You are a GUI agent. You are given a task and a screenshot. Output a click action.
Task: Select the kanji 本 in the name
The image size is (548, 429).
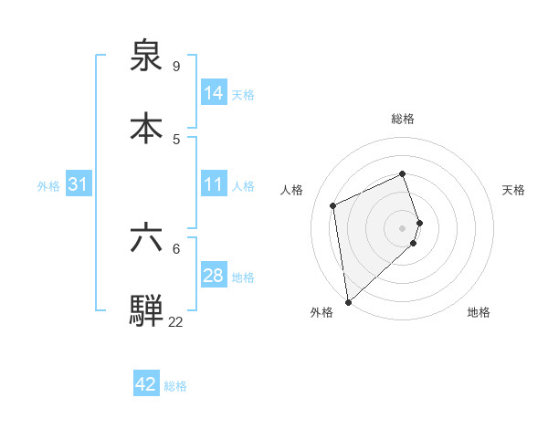tap(146, 128)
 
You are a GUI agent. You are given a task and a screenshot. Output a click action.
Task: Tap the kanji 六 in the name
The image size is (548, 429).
tap(146, 239)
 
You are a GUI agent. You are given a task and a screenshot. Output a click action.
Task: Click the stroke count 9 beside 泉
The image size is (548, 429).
tap(176, 66)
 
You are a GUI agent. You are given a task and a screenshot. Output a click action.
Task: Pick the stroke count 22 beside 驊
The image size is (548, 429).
tap(175, 322)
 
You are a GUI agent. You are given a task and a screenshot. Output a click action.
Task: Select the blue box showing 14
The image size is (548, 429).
tap(214, 93)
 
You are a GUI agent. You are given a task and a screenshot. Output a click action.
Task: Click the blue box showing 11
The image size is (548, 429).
tap(214, 185)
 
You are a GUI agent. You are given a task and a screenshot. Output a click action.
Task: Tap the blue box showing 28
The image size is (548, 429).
tap(214, 277)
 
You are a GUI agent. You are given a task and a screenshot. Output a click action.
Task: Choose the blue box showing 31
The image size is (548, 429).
tap(79, 185)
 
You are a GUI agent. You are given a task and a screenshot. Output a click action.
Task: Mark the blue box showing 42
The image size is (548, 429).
tap(146, 384)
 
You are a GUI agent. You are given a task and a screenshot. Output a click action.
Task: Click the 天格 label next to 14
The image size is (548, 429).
tap(242, 94)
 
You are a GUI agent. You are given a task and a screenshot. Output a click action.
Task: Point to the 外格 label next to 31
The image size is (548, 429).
tap(48, 186)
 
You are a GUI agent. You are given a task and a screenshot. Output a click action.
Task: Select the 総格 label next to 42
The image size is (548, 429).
tap(175, 385)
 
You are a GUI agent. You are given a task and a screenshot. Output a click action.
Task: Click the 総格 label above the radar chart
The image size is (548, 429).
tap(403, 119)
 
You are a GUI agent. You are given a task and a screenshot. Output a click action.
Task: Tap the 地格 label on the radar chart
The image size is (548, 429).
tap(479, 313)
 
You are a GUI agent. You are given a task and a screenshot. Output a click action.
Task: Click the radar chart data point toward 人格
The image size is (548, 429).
tap(333, 205)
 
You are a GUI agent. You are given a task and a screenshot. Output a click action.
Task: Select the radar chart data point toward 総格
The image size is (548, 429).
tap(403, 173)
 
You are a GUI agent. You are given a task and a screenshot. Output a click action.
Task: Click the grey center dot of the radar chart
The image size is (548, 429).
tap(403, 227)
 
